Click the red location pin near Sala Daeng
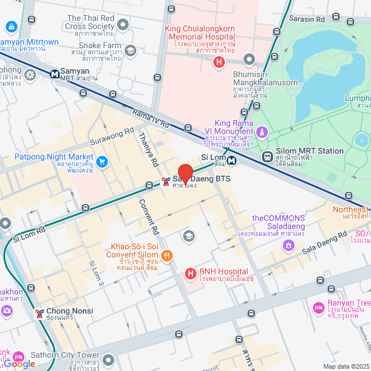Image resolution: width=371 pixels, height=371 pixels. click(x=185, y=174)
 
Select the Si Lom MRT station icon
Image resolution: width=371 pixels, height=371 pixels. click(x=231, y=161)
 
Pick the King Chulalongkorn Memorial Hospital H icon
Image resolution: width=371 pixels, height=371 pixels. click(x=219, y=62)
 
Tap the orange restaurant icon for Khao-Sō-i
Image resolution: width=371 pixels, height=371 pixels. click(x=166, y=254)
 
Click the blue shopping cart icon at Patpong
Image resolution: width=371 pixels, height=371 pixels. click(x=103, y=161)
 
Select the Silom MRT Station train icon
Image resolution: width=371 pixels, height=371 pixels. click(x=267, y=156)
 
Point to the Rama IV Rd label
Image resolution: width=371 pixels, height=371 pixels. click(x=150, y=117)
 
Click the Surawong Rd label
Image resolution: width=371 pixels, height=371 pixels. click(x=113, y=139)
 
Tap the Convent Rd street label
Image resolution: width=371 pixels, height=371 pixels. click(x=148, y=217)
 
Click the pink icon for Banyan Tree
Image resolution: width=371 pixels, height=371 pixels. click(x=318, y=306)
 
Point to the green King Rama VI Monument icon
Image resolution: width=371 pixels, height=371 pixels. click(x=263, y=133)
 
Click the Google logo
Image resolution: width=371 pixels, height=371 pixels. click(x=19, y=363)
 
